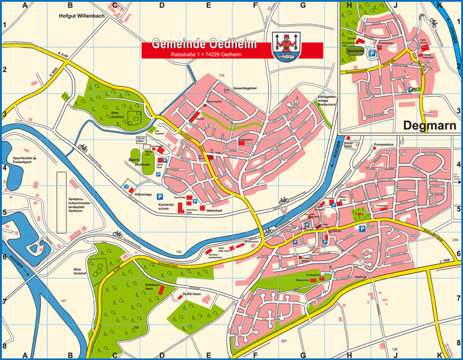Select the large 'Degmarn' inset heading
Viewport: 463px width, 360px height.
(429, 125)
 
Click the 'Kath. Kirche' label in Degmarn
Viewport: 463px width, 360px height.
(424, 40)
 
